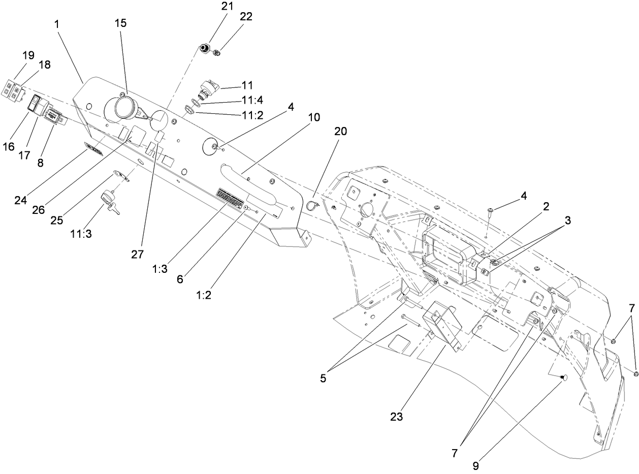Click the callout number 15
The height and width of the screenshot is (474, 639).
pyautogui.click(x=121, y=23)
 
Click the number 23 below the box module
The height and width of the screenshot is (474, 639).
pyautogui.click(x=396, y=417)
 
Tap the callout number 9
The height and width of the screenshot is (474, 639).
pyautogui.click(x=475, y=465)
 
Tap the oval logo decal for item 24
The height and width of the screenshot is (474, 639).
pyautogui.click(x=93, y=149)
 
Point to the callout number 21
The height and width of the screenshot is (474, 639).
pyautogui.click(x=226, y=7)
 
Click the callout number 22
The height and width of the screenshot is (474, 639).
pyautogui.click(x=246, y=16)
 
